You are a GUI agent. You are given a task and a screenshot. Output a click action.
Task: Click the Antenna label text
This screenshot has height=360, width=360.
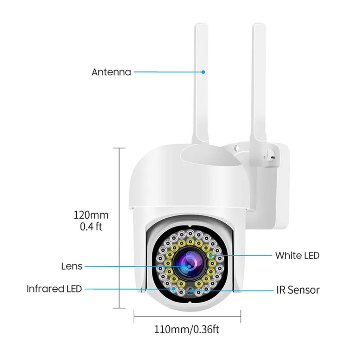click(111, 72)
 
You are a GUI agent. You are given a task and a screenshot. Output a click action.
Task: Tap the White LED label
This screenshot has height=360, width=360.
click(297, 255)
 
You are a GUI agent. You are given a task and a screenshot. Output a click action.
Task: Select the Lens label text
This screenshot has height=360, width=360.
click(71, 266)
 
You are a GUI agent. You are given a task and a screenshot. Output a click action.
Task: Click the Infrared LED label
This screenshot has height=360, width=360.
click(54, 289)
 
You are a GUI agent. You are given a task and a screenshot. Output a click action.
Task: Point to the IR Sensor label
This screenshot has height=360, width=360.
click(297, 290)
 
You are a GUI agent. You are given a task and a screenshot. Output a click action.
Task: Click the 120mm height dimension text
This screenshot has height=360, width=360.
click(91, 215)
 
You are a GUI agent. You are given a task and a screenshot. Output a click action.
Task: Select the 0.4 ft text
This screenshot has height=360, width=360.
click(91, 227)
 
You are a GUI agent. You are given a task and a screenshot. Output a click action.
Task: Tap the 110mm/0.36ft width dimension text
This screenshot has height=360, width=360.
click(187, 329)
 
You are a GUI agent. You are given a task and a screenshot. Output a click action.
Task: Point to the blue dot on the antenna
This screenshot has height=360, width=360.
click(203, 72)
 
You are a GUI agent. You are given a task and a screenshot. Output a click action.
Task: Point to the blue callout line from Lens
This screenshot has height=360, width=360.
click(134, 266)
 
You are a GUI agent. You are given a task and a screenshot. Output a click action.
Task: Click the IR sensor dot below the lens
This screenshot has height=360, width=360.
click(191, 291)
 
